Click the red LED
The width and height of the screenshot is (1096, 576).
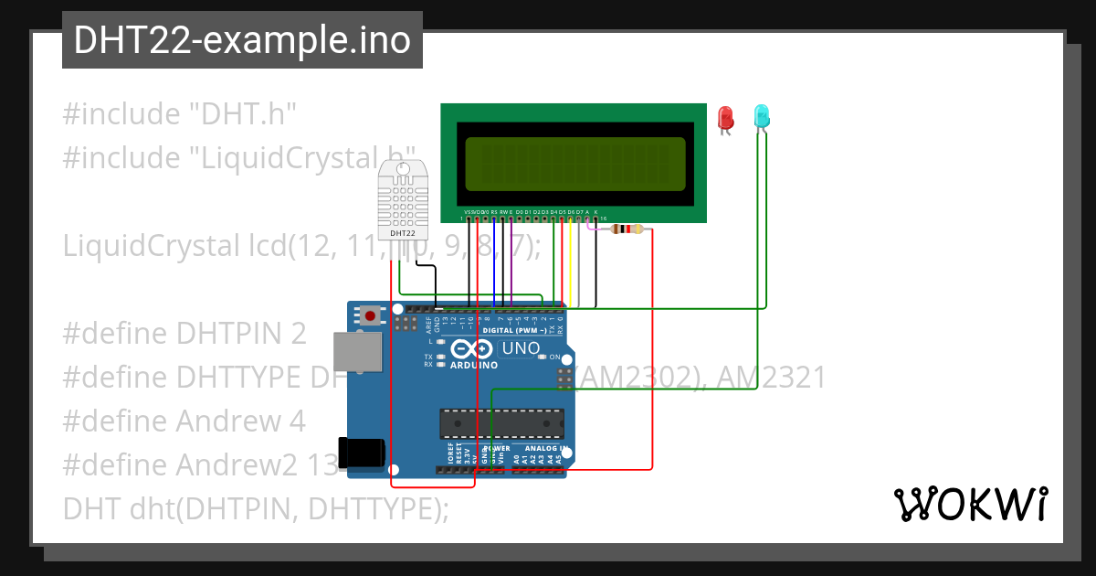[x=726, y=118]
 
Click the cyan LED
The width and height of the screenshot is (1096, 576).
[x=762, y=116]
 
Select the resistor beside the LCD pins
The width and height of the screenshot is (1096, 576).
[x=626, y=229]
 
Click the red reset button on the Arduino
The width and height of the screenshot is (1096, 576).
[x=370, y=316]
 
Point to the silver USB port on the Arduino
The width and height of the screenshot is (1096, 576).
[x=356, y=352]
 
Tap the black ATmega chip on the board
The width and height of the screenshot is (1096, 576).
[x=501, y=424]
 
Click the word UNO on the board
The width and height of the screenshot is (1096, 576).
[x=521, y=348]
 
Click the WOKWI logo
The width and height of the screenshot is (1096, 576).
[x=970, y=504]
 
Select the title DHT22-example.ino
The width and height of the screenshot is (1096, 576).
[x=242, y=40]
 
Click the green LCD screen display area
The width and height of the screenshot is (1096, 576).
[x=574, y=164]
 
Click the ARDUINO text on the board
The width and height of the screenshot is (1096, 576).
[x=474, y=365]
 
